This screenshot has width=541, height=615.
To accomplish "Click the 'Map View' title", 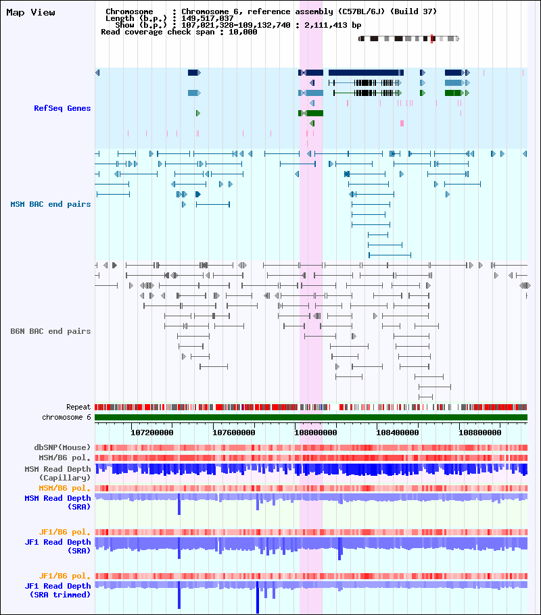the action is tap(30, 13).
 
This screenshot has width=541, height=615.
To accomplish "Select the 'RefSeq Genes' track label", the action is tap(62, 108).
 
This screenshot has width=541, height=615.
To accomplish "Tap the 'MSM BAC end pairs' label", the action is tap(50, 204).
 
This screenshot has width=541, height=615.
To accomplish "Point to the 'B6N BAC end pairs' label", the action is tap(50, 331).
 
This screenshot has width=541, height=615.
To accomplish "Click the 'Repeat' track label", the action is tap(78, 407).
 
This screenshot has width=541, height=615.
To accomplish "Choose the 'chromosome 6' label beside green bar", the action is tap(66, 418).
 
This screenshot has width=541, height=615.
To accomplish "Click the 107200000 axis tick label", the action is tap(152, 433).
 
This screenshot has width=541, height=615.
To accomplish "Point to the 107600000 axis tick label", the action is tap(233, 433).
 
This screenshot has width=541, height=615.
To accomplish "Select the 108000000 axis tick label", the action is tap(316, 433).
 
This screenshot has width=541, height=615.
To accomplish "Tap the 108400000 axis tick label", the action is tap(398, 433).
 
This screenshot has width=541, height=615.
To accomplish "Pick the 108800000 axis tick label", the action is tap(479, 433).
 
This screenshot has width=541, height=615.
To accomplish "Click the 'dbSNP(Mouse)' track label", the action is tap(62, 447).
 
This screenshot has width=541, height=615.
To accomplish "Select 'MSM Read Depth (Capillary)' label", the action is tap(57, 473).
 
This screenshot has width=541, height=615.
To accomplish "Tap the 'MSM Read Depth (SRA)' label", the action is tap(57, 502).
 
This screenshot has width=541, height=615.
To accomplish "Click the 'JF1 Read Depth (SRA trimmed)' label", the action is tap(57, 590).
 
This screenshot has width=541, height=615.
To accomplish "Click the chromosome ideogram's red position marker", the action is tap(432, 39).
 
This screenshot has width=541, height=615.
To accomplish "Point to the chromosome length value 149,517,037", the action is tap(208, 18).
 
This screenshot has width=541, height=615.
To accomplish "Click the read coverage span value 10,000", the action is tap(243, 32).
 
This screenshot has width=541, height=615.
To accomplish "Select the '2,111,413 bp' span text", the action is tap(333, 25).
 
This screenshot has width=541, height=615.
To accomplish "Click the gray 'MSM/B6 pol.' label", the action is tap(64, 458).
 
